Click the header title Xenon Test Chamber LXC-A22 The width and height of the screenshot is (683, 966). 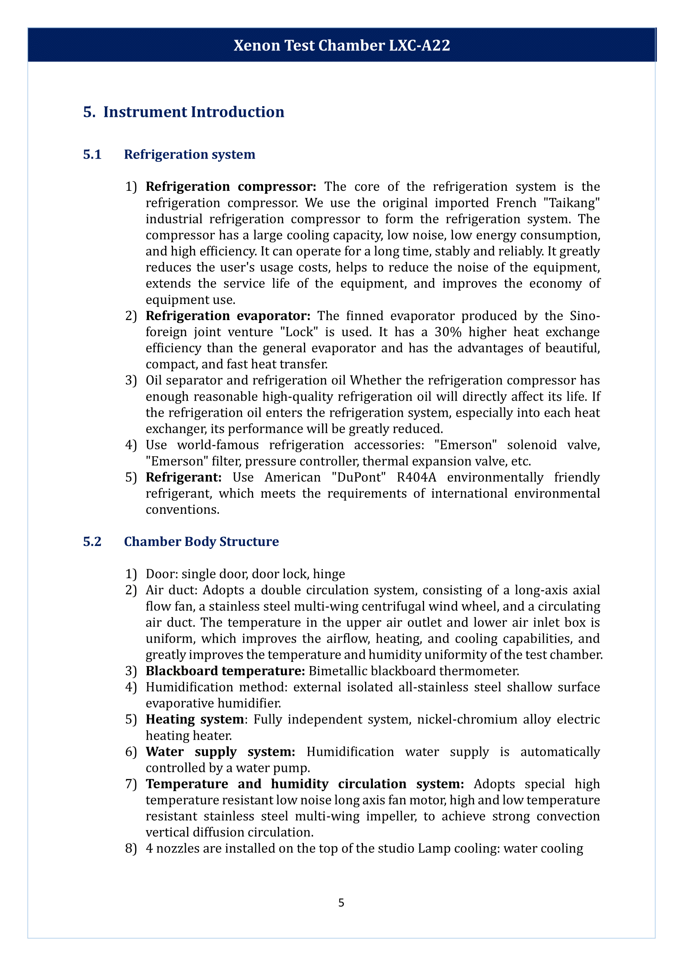pyautogui.click(x=341, y=45)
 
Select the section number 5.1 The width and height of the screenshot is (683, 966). pyautogui.click(x=92, y=154)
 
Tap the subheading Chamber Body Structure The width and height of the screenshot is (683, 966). pyautogui.click(x=201, y=541)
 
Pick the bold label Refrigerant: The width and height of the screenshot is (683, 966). pyautogui.click(x=183, y=477)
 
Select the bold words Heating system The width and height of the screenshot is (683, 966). pyautogui.click(x=195, y=719)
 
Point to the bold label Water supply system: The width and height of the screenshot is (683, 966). pyautogui.click(x=221, y=751)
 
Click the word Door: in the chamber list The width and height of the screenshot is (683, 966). pyautogui.click(x=161, y=574)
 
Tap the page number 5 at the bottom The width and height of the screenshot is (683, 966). pyautogui.click(x=341, y=902)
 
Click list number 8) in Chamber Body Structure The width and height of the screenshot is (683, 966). pyautogui.click(x=131, y=848)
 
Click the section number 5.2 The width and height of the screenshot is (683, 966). pyautogui.click(x=92, y=541)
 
